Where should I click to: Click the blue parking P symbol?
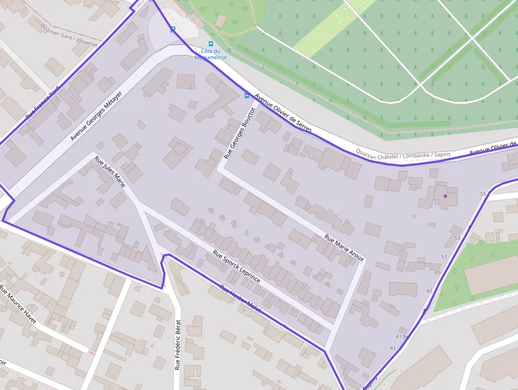pyautogui.click(x=172, y=30)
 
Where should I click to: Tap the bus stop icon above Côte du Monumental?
pyautogui.click(x=211, y=44)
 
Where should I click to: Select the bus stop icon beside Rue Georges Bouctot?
pyautogui.click(x=246, y=95)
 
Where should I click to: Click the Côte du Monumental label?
pyautogui.click(x=210, y=54)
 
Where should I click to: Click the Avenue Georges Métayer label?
pyautogui.click(x=96, y=116)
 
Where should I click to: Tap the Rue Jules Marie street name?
pyautogui.click(x=110, y=171)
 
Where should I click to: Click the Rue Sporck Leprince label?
pyautogui.click(x=236, y=266)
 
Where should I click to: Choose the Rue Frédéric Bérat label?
pyautogui.click(x=178, y=344)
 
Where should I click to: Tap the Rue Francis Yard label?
pyautogui.click(x=42, y=104)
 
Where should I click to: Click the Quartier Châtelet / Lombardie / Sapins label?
pyautogui.click(x=403, y=154)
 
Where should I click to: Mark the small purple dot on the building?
pyautogui.click(x=445, y=196)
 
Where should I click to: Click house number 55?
pyautogui.click(x=483, y=194)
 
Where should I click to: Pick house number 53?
pyautogui.click(x=457, y=238)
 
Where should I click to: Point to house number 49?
pyautogui.click(x=437, y=272)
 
